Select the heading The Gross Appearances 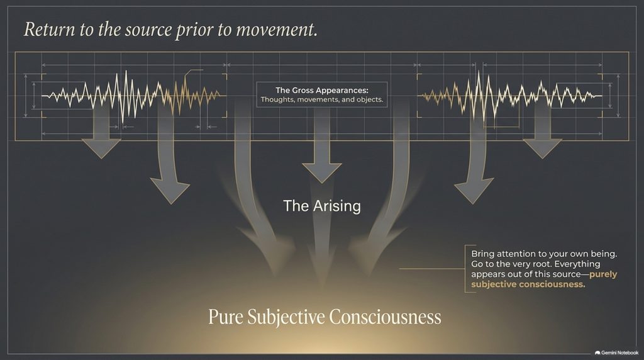(321, 91)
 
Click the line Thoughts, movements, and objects (321, 99)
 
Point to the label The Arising (322, 206)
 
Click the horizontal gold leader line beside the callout (432, 269)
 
